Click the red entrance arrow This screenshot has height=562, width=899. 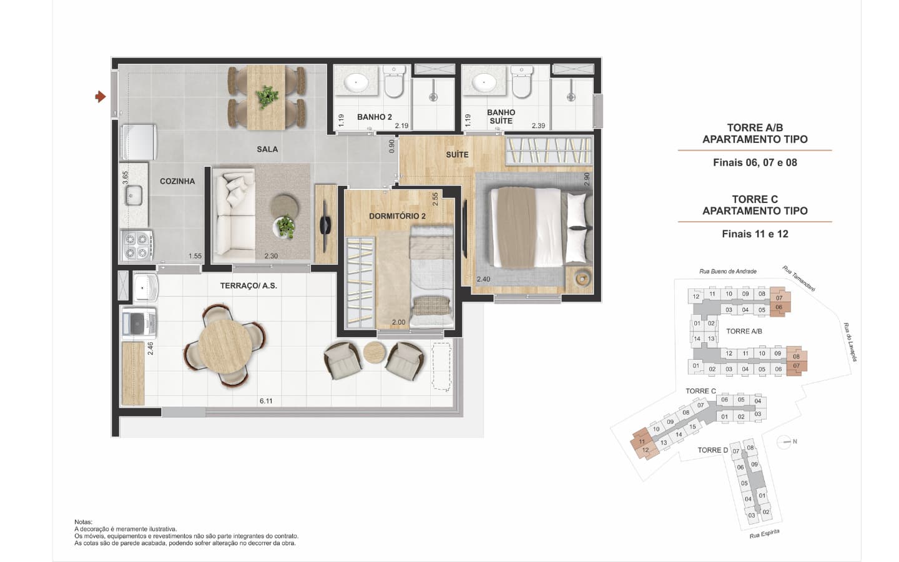[101, 97]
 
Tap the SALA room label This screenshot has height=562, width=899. [267, 149]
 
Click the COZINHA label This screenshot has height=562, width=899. [177, 182]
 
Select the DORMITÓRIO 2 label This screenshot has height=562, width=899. [397, 216]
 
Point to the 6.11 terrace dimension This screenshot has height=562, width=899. [266, 401]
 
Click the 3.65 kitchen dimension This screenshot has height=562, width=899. [125, 178]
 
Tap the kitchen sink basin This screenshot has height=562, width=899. [134, 195]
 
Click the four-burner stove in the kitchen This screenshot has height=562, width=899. [137, 245]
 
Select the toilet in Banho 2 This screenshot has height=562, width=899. [394, 82]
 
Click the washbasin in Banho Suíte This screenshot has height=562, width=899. [484, 82]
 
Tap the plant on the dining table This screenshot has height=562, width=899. [267, 96]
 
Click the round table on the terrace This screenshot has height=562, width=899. [225, 347]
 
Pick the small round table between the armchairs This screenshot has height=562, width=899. [375, 352]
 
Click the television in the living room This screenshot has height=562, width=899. [325, 224]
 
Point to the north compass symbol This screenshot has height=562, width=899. [785, 442]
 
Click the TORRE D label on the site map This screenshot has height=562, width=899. [712, 450]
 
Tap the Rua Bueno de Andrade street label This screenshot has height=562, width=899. [728, 272]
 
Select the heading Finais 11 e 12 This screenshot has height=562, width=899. [755, 234]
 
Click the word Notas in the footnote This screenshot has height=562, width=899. [84, 522]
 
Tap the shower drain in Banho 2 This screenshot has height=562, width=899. [433, 97]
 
